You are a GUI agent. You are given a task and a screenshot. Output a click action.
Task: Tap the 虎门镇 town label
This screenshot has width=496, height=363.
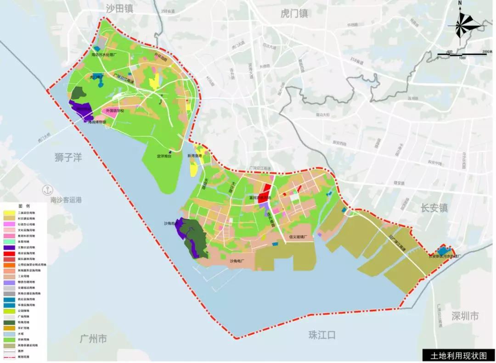(294, 13)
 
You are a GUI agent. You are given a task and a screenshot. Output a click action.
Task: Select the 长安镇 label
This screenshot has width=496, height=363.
(434, 207)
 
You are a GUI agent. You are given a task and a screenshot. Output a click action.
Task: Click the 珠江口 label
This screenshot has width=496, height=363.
(322, 335)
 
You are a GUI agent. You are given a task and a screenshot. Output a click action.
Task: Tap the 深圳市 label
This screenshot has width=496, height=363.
(464, 316)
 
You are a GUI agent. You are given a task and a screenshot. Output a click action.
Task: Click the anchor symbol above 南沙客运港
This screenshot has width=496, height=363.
(45, 190)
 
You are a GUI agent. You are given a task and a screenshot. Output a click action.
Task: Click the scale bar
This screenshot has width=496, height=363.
(462, 54)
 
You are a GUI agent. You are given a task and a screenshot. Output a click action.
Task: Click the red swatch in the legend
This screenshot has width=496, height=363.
(9, 253)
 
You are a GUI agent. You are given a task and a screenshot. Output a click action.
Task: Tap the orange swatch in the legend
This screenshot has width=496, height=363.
(9, 265)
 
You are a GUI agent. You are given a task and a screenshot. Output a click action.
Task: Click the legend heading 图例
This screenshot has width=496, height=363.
(23, 206)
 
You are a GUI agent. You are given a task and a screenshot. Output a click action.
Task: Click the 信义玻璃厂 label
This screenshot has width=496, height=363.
(298, 237)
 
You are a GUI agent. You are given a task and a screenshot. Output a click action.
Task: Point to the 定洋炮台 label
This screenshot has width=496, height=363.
(164, 156)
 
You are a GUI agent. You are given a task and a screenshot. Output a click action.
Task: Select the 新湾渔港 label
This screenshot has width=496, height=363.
(194, 156)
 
